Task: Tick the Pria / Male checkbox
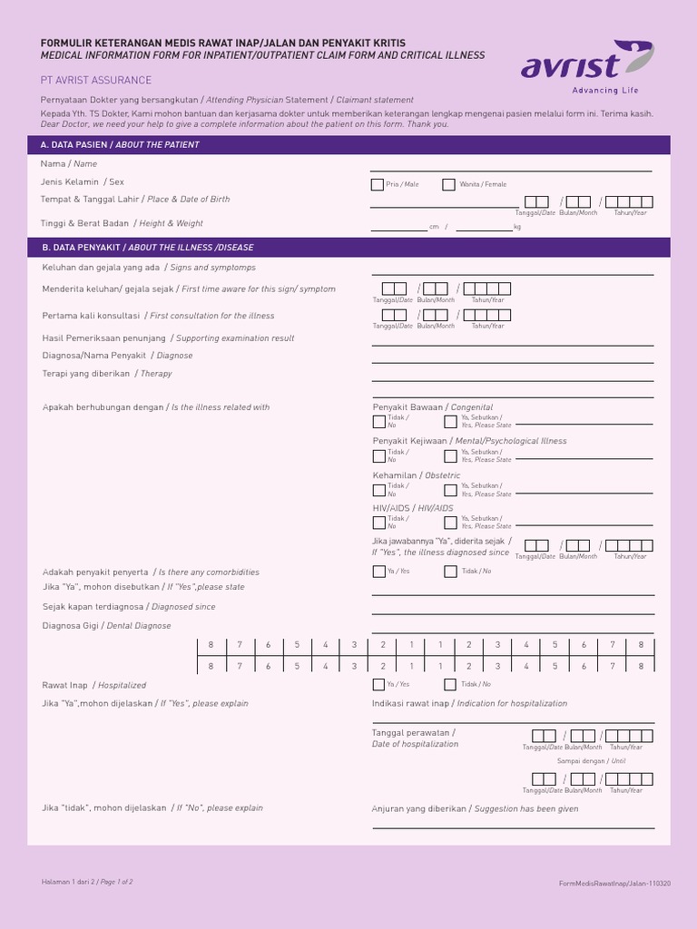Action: coord(378,185)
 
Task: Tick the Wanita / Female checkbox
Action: coord(448,185)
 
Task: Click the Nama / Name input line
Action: coord(510,166)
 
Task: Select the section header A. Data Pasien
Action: coord(120,145)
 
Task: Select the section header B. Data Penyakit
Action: coord(147,247)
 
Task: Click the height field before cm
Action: coord(398,226)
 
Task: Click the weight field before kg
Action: coord(484,226)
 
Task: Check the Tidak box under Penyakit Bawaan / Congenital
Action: coord(378,422)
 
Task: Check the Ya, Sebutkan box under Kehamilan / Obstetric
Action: coord(450,490)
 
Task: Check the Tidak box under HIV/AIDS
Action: coord(378,523)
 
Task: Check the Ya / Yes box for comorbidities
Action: coord(378,572)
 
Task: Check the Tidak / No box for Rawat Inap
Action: coord(450,685)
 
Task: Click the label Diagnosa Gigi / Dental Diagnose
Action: coord(106,626)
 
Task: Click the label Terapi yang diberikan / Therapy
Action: coord(107,374)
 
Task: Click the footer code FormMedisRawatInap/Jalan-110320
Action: coord(614,883)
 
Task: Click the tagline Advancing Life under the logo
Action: coord(605,91)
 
